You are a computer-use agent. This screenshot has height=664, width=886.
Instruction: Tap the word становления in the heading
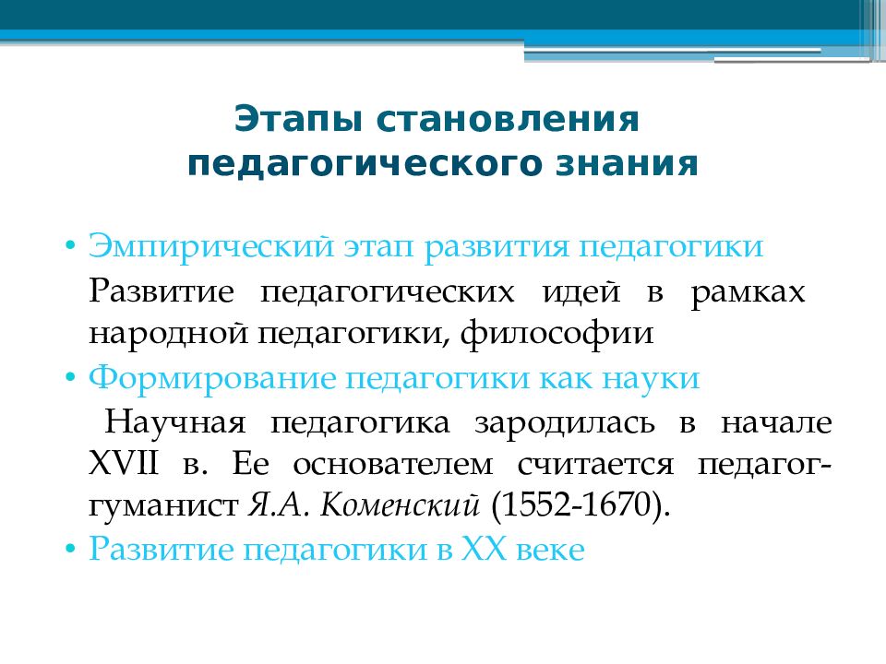tap(508, 119)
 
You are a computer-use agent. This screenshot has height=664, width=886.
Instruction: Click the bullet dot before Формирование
tap(70, 377)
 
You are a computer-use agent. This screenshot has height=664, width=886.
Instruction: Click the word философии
tap(557, 333)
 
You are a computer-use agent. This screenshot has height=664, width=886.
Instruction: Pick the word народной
tap(168, 333)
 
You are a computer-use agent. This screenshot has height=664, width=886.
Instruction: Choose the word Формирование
tap(212, 379)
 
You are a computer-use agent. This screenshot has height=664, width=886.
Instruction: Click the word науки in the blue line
tap(651, 379)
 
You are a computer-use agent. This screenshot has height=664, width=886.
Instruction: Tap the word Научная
tap(175, 422)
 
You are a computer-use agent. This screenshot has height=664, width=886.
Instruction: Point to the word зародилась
tap(565, 423)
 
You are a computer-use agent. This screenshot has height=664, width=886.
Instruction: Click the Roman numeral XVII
tap(124, 464)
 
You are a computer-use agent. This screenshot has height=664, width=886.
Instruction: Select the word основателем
tap(393, 465)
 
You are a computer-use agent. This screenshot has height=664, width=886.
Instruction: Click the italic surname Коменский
tap(400, 504)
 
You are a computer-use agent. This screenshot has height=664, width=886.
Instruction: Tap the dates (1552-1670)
tap(581, 504)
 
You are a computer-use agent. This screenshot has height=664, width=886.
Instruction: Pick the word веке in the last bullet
tap(550, 550)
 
